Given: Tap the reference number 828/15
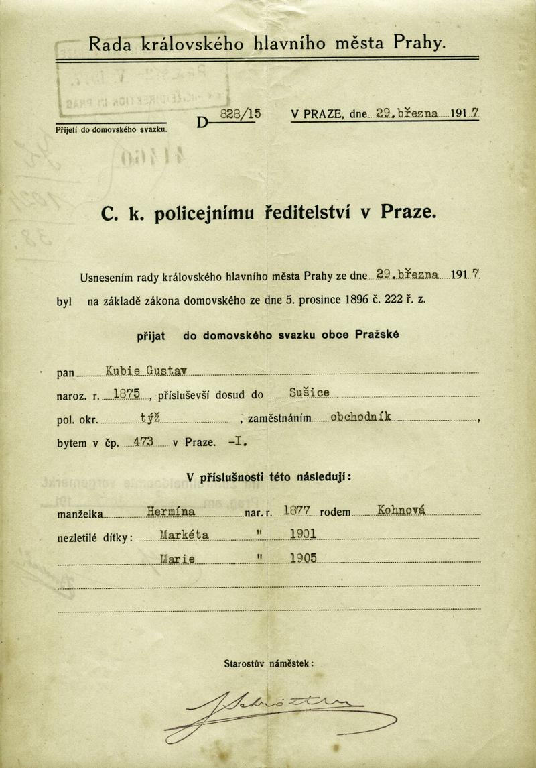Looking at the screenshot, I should point(241,114).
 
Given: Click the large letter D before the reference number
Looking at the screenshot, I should point(202,121).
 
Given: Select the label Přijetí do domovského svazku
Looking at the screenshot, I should point(111,129).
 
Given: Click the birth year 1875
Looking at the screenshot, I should point(127,395).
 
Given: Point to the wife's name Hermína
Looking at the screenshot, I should point(171,512).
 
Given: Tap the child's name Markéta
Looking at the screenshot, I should point(185,535).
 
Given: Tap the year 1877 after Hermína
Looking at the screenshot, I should point(295,512).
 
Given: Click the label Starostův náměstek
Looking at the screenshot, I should point(268,663).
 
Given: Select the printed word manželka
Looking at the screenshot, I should point(79,514).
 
